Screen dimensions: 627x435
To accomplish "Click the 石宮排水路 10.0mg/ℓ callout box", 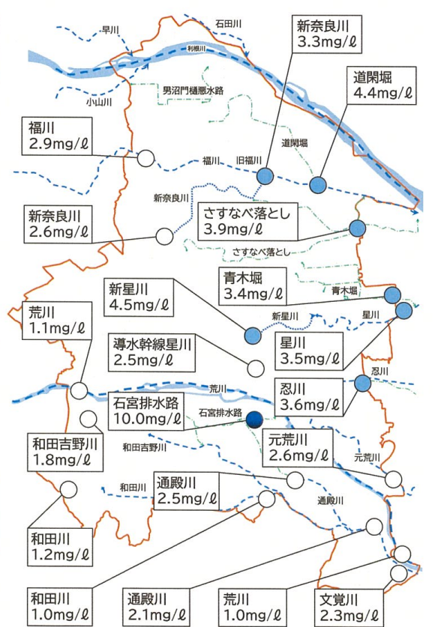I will [x=145, y=411].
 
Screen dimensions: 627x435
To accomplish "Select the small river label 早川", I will [x=110, y=31].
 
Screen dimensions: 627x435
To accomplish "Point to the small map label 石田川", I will [x=227, y=25].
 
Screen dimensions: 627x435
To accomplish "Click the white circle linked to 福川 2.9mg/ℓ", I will [x=145, y=158].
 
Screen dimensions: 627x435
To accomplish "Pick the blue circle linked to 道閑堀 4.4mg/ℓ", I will [x=318, y=184].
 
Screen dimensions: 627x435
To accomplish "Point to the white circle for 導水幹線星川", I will [x=255, y=369].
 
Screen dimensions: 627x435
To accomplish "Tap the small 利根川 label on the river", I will [x=196, y=47].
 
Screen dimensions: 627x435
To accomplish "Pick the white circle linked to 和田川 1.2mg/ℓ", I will [x=69, y=488].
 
